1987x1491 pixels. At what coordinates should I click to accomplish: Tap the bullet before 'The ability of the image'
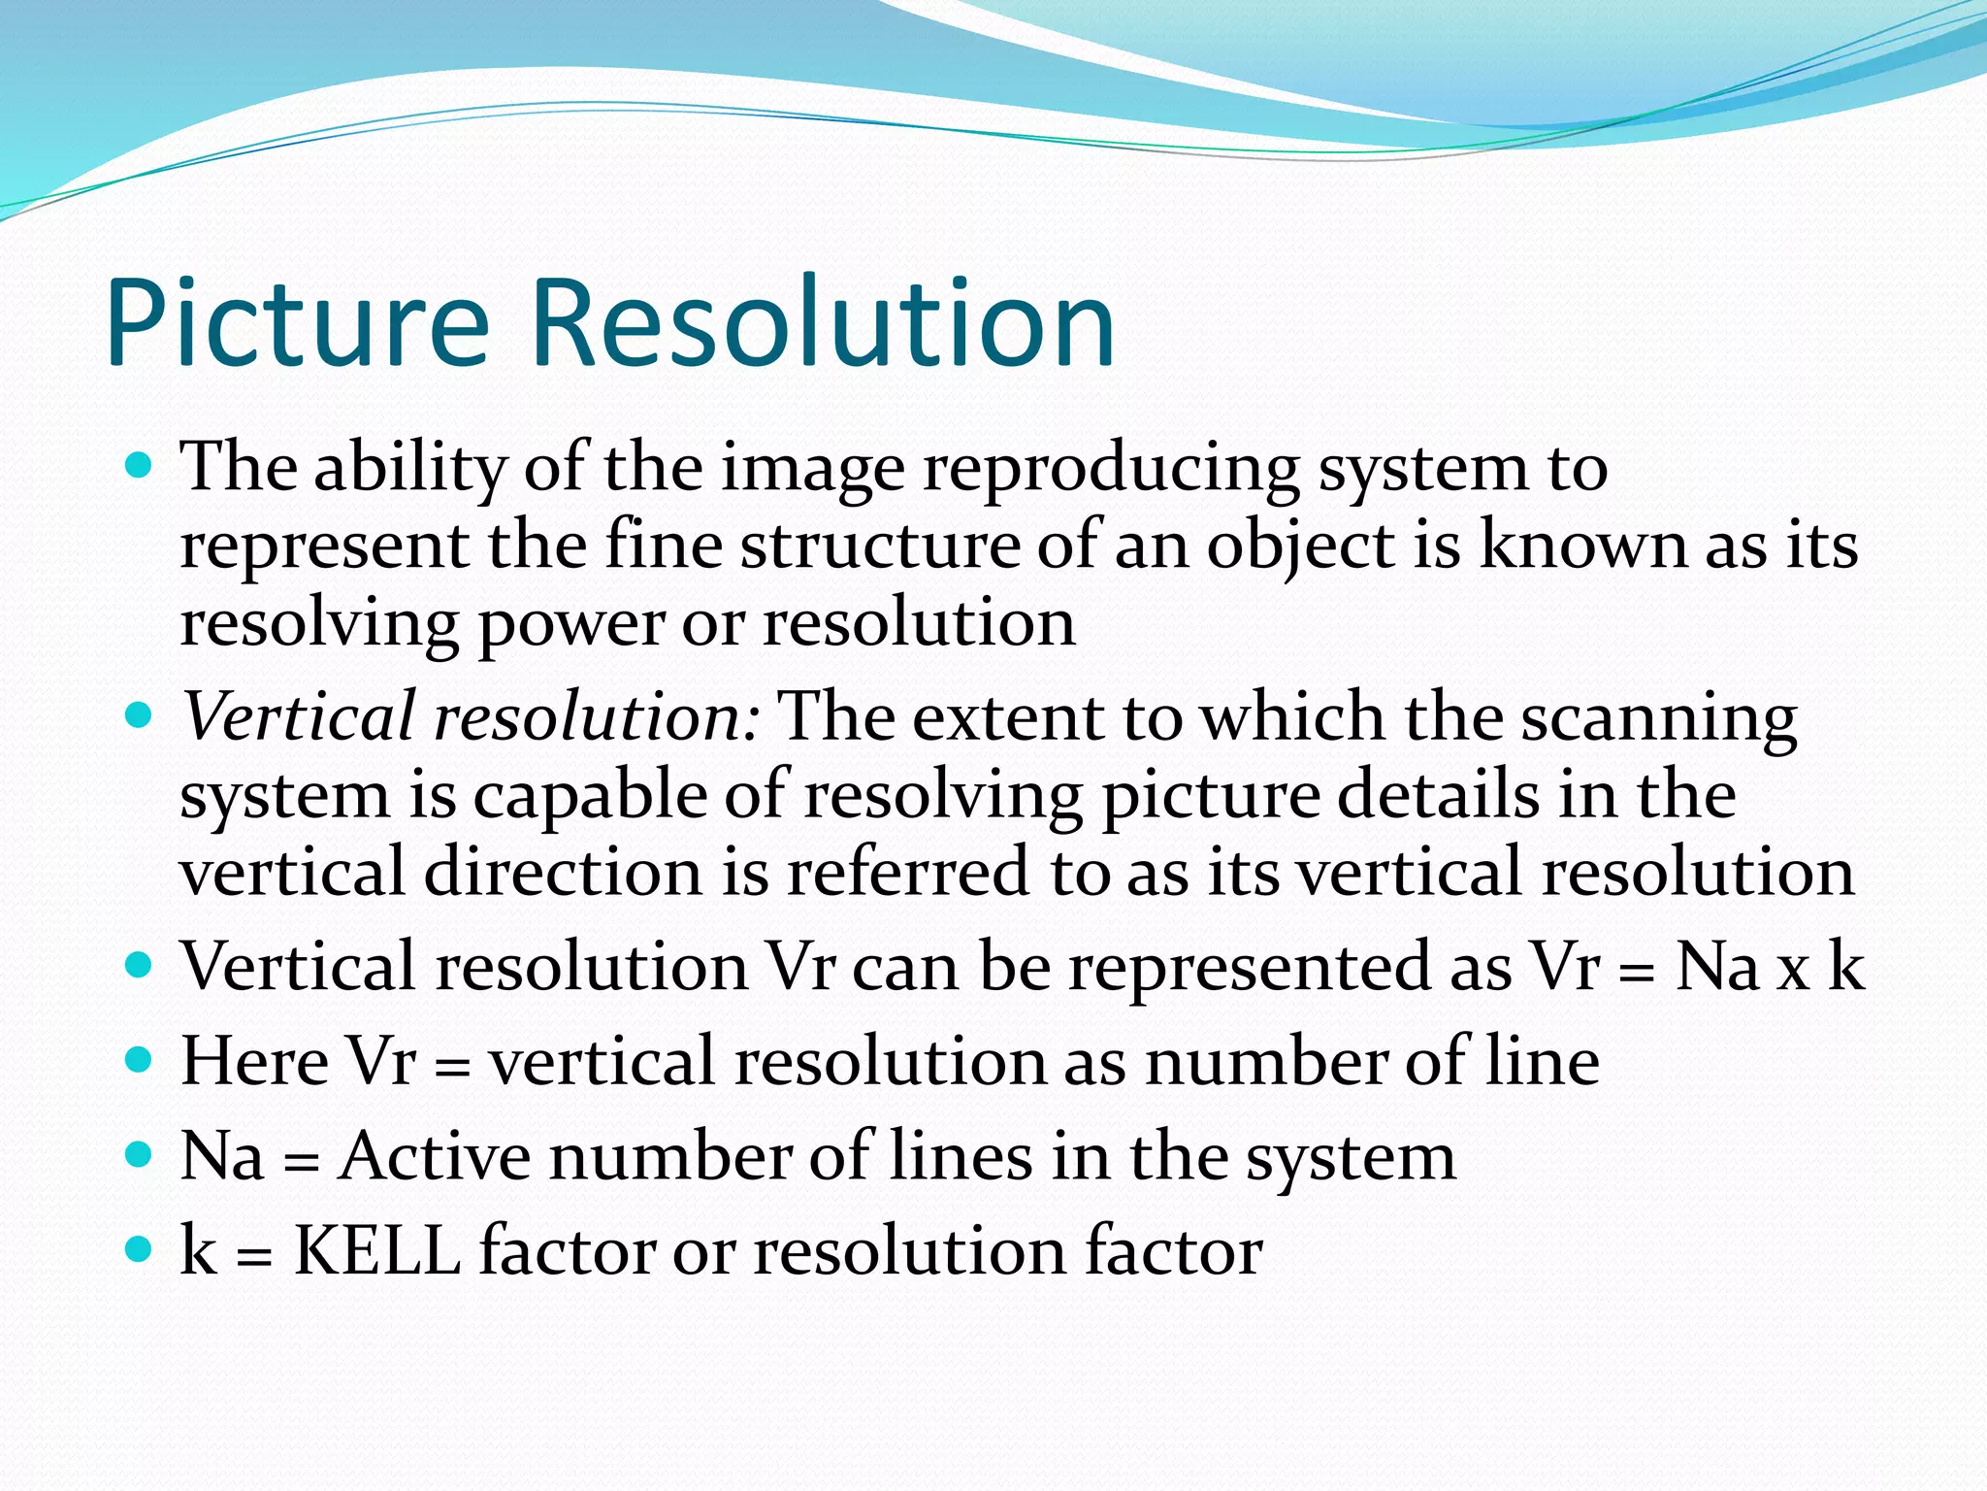[x=140, y=467]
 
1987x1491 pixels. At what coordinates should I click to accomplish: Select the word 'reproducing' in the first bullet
[x=1110, y=471]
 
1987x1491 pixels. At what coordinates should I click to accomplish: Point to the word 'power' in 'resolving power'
[x=571, y=625]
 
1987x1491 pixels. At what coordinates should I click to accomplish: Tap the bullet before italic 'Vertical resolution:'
[x=140, y=716]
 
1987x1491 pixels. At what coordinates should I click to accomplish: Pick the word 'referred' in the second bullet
[x=907, y=871]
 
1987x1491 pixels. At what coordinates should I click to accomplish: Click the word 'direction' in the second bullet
[x=563, y=871]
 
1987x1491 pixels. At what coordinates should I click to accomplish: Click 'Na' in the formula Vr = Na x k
[x=1717, y=967]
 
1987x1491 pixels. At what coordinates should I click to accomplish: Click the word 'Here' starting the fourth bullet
[x=255, y=1061]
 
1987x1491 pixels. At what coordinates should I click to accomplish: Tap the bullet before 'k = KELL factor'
[x=140, y=1247]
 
